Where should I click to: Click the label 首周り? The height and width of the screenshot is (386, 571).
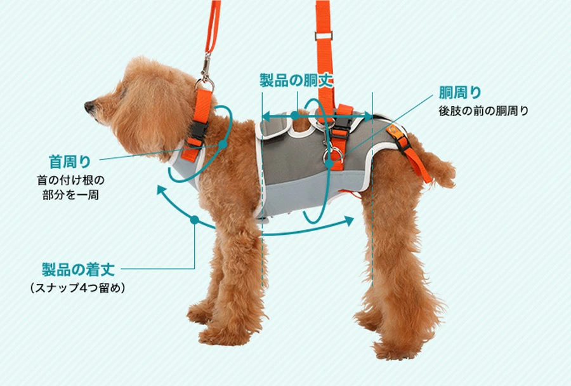tap(70, 160)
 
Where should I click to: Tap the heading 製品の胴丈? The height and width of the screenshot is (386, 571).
tap(296, 81)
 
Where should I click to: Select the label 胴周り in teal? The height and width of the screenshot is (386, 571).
tap(461, 93)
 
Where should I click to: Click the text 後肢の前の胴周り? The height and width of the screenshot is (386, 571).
tap(483, 110)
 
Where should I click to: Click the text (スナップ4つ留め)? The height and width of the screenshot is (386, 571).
tap(77, 288)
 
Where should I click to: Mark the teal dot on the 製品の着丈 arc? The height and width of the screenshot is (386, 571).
tap(194, 220)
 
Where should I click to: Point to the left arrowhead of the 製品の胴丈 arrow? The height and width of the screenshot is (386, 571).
tap(266, 116)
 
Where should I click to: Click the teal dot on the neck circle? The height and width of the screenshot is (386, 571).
tap(223, 145)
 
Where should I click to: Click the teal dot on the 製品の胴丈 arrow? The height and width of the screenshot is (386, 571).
tap(295, 116)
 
